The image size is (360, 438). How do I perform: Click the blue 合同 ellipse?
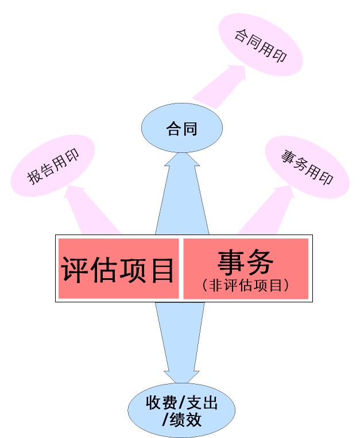[x=181, y=128]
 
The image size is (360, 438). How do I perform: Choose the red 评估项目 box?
[x=118, y=268]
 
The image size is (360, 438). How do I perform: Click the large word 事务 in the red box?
[x=245, y=262]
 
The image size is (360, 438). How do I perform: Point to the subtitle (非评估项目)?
[x=245, y=284]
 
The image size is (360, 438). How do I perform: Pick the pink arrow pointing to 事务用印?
[x=270, y=207]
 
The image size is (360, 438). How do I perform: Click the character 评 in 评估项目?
[x=75, y=268]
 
